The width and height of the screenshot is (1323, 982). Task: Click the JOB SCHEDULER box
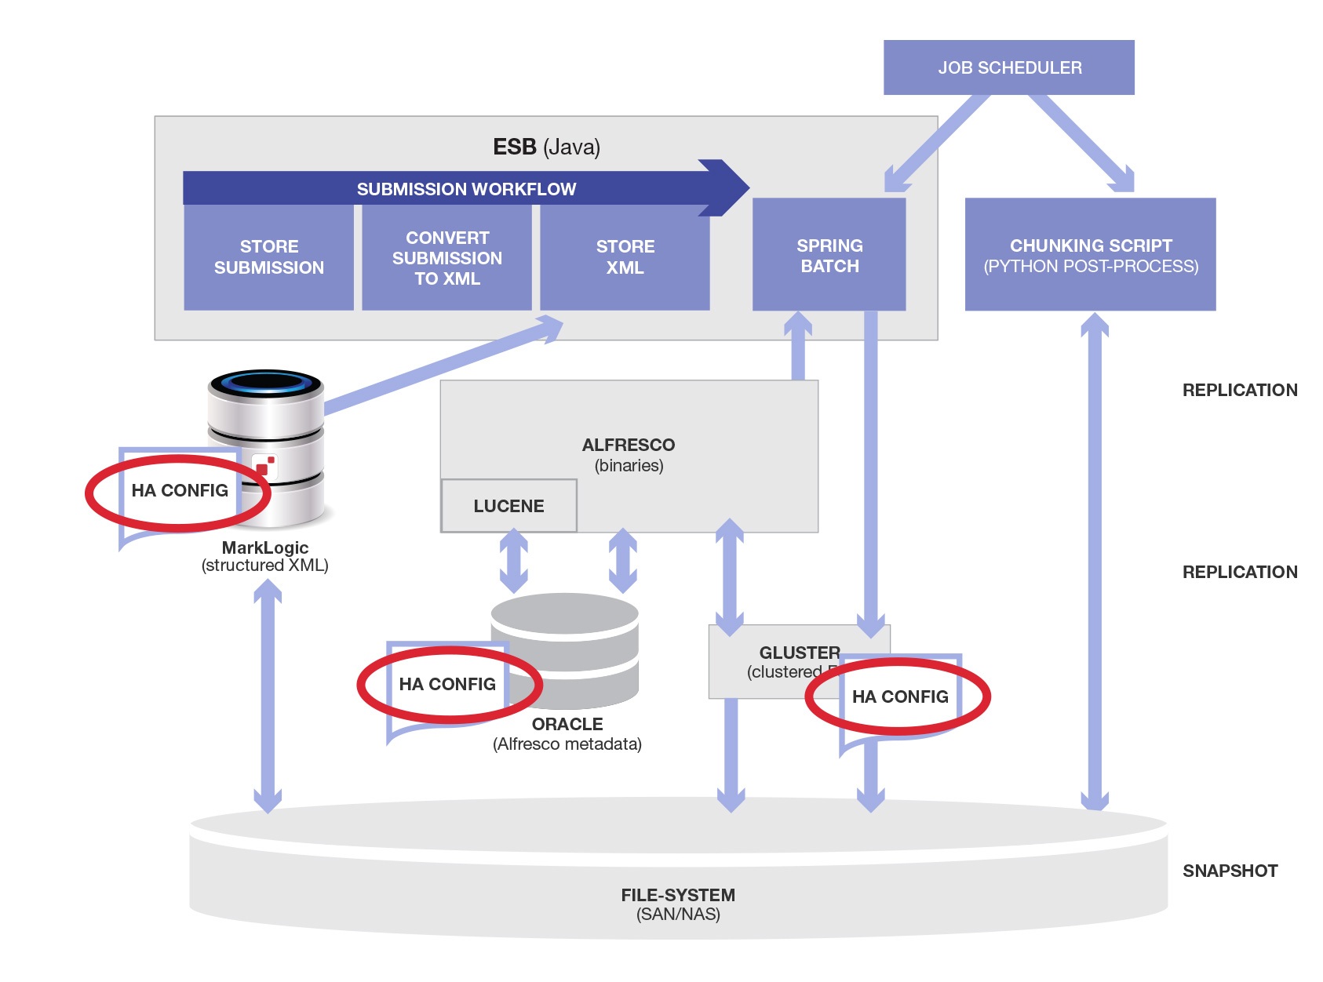coord(1008,67)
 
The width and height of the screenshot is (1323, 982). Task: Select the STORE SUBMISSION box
coord(268,257)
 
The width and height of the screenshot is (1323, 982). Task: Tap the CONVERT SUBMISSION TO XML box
coord(446,257)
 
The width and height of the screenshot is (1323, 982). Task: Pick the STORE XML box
coord(625,257)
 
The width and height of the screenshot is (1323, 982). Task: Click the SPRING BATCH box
coord(829,256)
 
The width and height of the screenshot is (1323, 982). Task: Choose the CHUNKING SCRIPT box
coord(1090,256)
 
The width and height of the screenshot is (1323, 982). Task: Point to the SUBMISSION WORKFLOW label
coord(466,189)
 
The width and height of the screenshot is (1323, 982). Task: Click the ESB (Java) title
coord(546,147)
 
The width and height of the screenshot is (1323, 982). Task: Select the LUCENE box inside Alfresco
coord(508,506)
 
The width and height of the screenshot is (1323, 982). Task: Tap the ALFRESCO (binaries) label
coord(629,455)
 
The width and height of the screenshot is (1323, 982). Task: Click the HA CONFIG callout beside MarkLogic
coord(180,491)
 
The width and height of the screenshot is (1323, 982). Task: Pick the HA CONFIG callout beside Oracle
coord(447,684)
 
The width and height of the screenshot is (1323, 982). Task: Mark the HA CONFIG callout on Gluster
coord(900,696)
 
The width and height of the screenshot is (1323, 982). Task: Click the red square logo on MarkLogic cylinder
coord(264,467)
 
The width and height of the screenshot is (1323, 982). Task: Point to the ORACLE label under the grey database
coord(567,724)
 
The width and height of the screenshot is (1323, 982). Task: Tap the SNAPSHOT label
coord(1230,871)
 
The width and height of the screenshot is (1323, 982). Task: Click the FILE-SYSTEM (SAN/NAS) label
coord(678,904)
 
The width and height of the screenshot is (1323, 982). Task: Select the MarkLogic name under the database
coord(264,547)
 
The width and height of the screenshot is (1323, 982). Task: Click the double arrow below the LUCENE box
coord(514,561)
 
